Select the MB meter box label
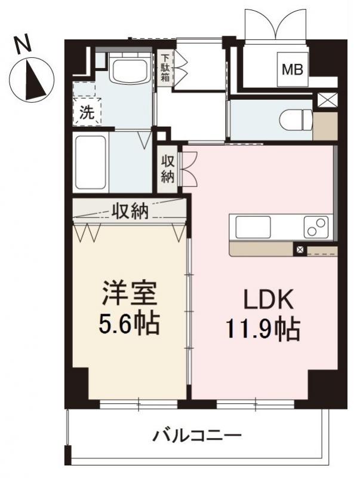tap(292, 69)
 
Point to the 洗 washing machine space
tap(87, 112)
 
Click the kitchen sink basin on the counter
tap(253, 227)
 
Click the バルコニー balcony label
tap(197, 436)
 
